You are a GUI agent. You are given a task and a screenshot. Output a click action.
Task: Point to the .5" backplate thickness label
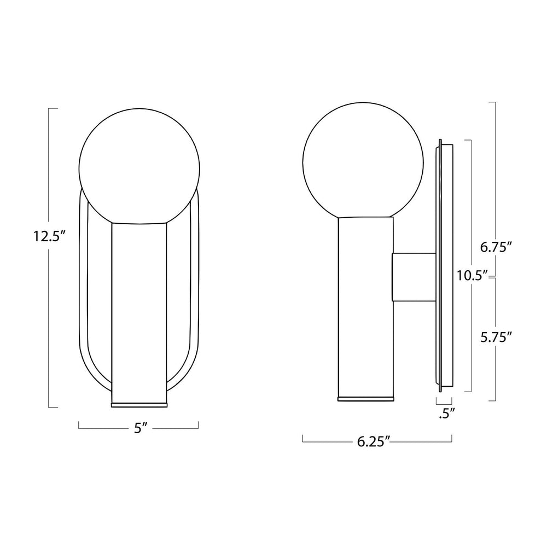447,414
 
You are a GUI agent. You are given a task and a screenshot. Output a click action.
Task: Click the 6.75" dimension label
496,247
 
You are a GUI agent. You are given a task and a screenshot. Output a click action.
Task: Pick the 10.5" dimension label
472,276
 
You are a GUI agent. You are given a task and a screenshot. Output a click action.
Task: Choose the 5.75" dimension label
496,337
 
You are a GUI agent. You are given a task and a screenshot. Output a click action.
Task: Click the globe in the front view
140,164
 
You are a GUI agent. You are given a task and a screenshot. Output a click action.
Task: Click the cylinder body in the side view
365,306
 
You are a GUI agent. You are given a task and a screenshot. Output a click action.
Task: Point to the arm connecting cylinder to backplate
414,277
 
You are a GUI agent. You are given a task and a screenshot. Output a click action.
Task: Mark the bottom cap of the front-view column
139,404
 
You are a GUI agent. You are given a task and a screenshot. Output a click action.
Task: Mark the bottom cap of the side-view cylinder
365,397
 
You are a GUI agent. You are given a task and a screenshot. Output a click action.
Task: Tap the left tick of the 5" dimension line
79,426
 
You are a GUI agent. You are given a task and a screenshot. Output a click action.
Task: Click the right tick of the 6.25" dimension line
452,438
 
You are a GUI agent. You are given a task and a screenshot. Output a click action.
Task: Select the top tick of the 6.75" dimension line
492,102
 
